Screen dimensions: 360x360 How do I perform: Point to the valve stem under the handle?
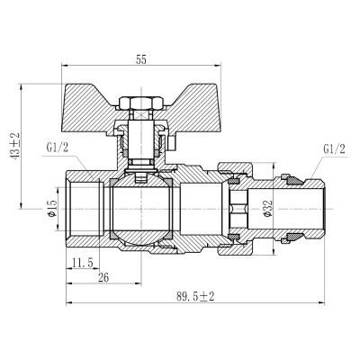point(141,144)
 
